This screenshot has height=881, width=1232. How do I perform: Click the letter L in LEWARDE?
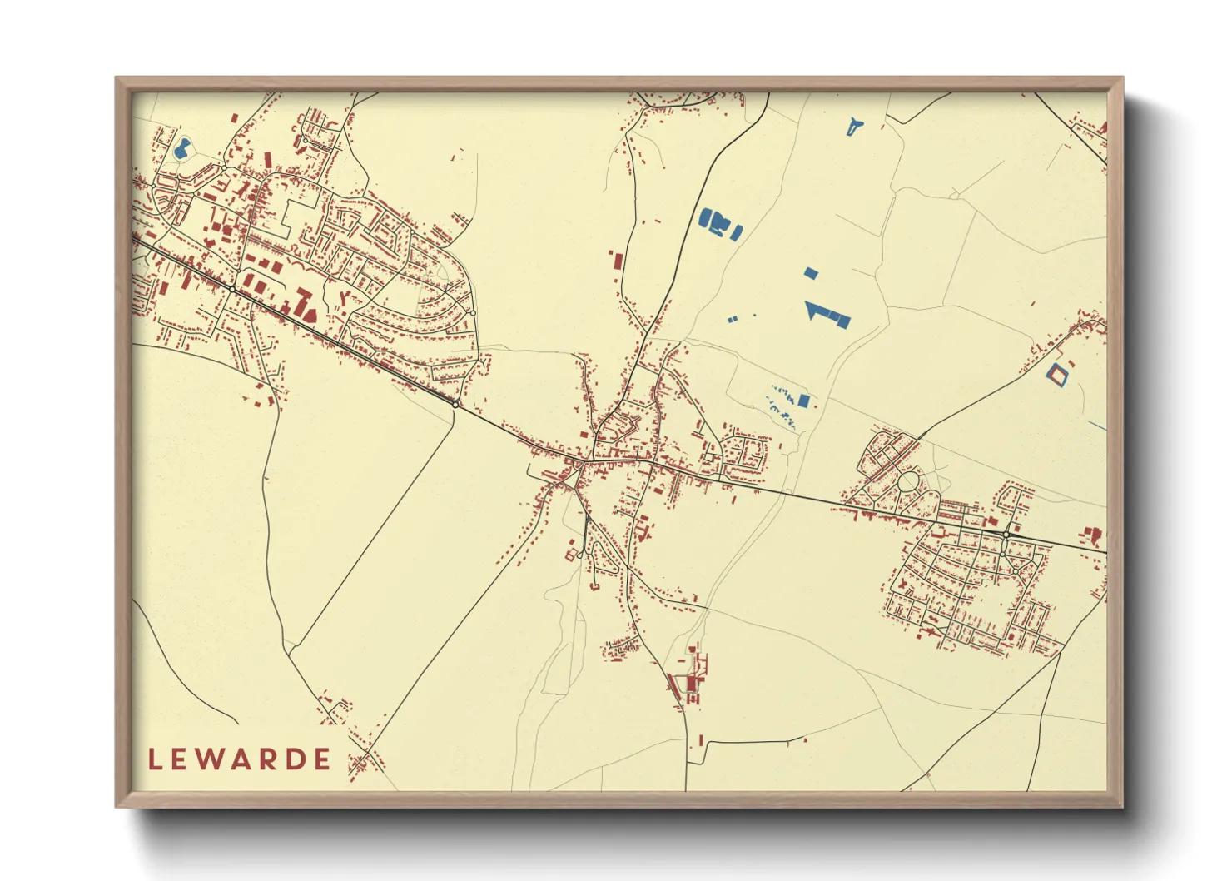[154, 759]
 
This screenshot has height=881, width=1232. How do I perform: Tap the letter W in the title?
[210, 759]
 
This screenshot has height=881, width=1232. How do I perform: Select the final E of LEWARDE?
[321, 759]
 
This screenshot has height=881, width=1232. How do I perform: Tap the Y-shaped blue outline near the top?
[854, 127]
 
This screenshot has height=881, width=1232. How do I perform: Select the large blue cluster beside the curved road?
[719, 224]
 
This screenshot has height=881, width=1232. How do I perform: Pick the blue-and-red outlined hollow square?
[1056, 374]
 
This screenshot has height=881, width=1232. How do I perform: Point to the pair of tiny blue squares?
[733, 318]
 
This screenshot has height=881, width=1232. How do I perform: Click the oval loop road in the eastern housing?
[908, 481]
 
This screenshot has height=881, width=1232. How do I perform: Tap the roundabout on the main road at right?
[1006, 534]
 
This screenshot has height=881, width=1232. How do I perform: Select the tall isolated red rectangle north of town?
[617, 260]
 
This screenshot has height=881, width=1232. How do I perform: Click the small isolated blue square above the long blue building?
[812, 272]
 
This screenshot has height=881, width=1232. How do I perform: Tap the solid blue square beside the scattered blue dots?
[803, 401]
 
